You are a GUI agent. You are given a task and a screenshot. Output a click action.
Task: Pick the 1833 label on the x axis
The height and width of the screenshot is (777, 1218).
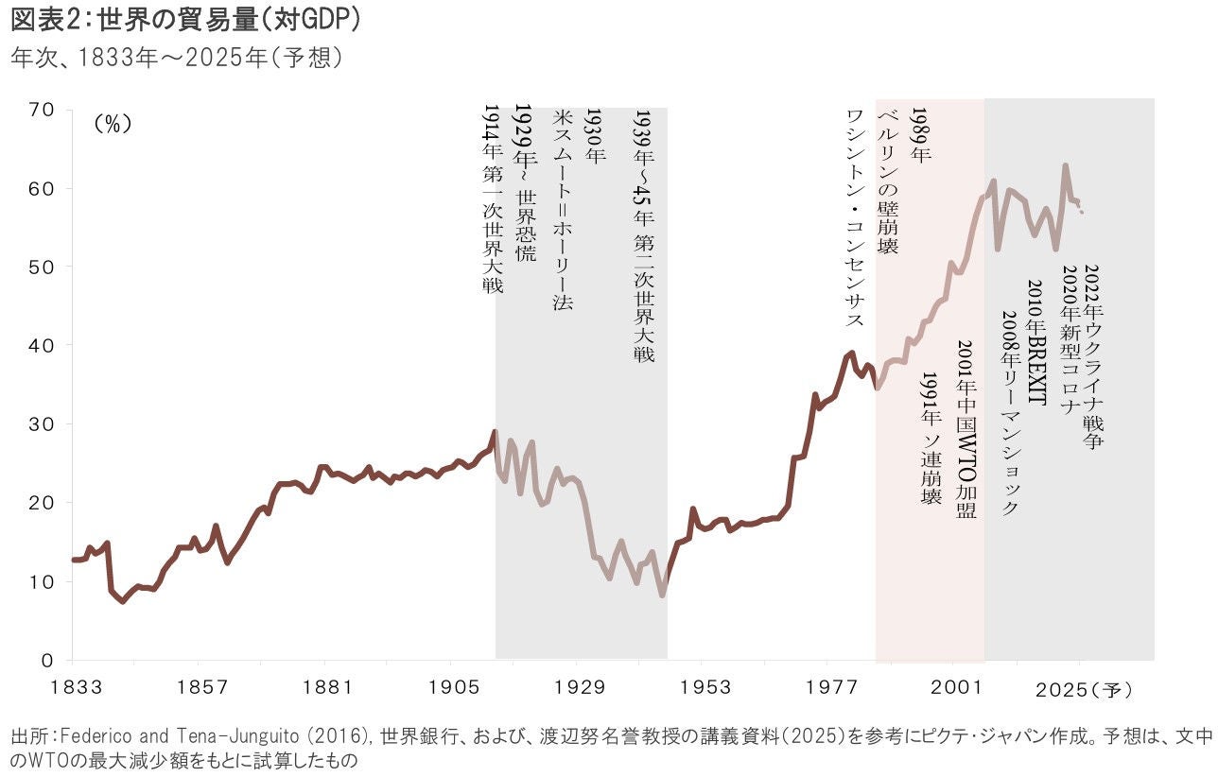(x=73, y=689)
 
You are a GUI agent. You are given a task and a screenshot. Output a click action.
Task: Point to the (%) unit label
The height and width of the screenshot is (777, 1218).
(x=113, y=125)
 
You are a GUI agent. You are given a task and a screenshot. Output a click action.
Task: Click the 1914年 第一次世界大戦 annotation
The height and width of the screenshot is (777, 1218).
(x=492, y=199)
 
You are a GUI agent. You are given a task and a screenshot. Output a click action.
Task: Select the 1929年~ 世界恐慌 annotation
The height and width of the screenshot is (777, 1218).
(x=523, y=184)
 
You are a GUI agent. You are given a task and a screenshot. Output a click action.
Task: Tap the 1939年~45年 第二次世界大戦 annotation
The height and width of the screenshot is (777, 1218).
(x=643, y=235)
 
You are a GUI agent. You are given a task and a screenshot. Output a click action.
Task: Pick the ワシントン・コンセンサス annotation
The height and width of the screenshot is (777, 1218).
(x=854, y=217)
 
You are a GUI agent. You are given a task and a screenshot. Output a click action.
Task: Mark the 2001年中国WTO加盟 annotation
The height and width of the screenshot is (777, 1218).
(x=966, y=429)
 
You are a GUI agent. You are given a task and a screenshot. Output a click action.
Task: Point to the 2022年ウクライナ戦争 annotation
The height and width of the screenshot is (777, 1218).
(x=1093, y=355)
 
